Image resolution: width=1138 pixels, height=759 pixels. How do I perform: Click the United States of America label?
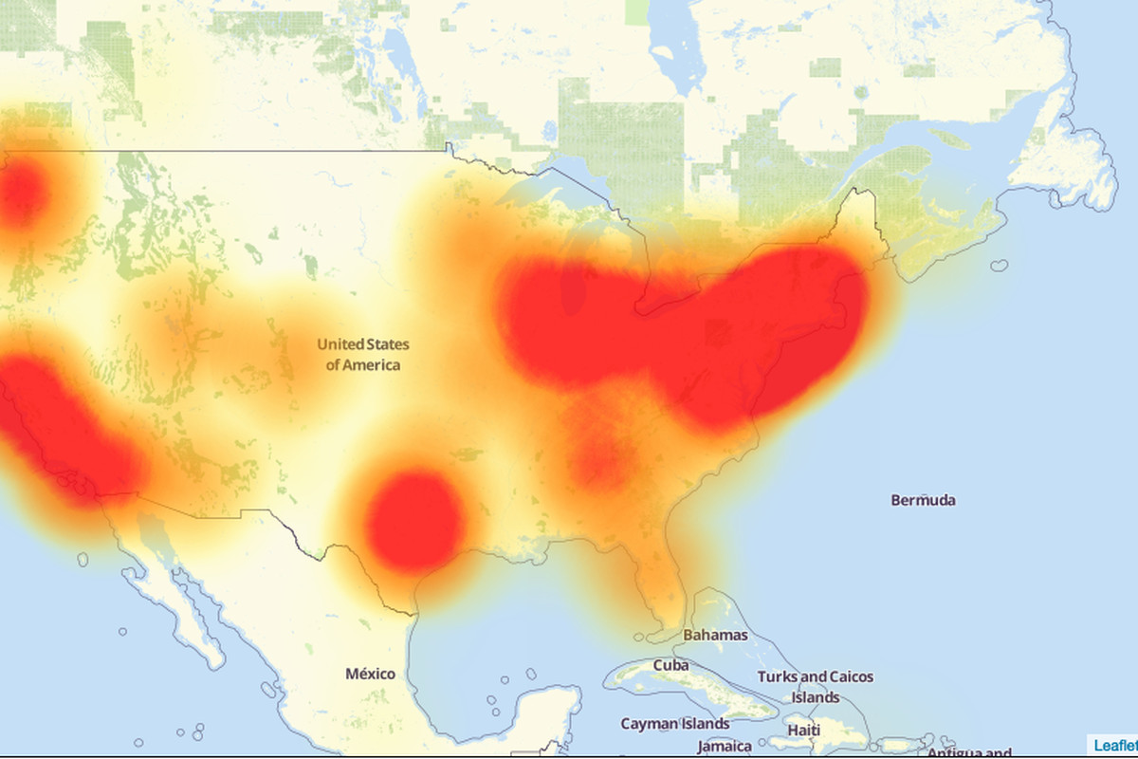(363, 354)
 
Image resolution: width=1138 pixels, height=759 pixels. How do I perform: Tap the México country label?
(370, 674)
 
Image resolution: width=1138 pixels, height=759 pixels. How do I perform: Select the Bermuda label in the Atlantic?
(923, 500)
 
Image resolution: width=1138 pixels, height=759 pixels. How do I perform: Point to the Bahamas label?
(715, 635)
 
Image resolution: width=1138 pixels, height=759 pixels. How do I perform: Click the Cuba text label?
(670, 665)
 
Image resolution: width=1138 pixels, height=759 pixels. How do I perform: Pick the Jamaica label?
(725, 746)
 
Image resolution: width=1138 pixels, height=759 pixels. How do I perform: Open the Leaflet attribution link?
(1115, 745)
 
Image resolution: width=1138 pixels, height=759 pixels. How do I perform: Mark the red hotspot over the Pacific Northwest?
(21, 194)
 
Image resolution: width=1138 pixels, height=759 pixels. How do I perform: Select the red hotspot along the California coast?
(66, 427)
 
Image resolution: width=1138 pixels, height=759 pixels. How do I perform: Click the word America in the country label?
(372, 365)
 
